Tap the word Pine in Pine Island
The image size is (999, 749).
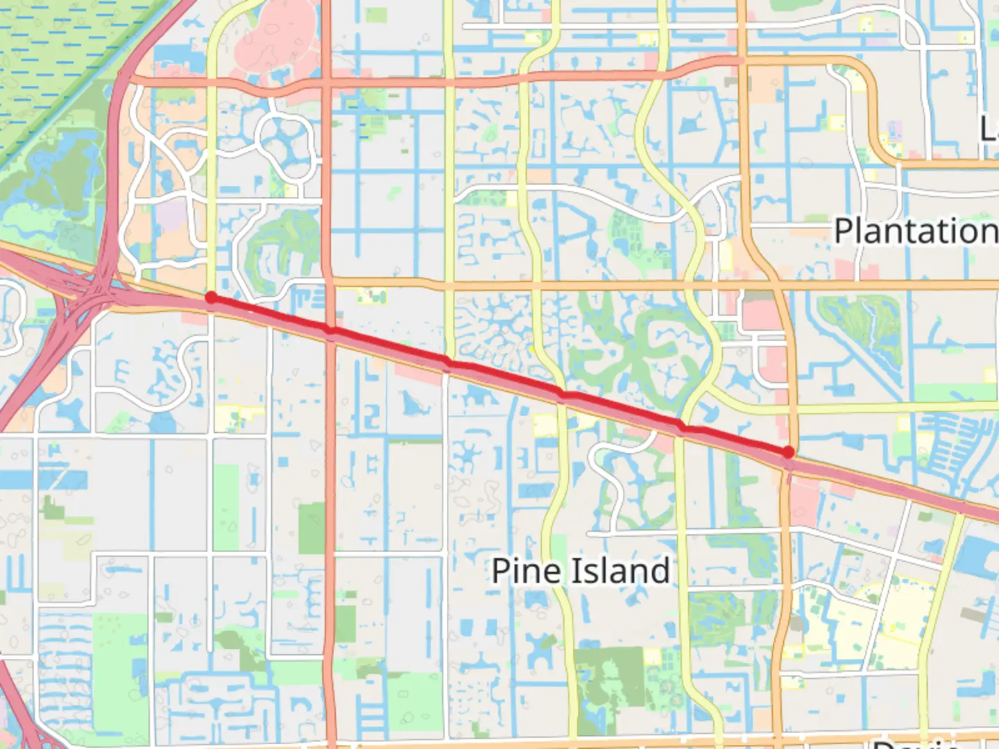point(525,571)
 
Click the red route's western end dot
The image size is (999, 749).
point(211,298)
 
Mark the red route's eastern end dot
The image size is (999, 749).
point(788,452)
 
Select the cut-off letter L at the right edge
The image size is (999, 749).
point(990,129)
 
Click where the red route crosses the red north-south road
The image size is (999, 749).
point(332,332)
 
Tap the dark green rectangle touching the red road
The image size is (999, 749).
point(312,527)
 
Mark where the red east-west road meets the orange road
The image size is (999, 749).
point(741,60)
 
